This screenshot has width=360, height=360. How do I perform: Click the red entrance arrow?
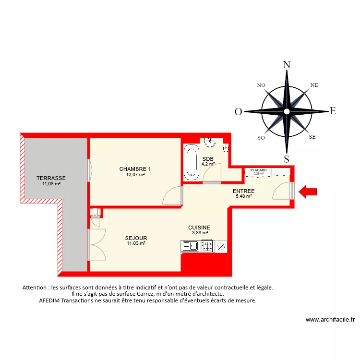308,192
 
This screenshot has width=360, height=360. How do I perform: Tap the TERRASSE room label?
51,178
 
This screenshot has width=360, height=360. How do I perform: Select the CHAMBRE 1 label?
135,169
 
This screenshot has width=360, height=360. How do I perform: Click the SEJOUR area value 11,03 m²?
136,243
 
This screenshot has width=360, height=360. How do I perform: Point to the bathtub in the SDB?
191,161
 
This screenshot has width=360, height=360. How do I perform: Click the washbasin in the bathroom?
210,142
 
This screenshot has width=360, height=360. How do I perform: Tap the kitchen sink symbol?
191,246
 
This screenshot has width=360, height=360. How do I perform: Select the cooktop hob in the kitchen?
207,246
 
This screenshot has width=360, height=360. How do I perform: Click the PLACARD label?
258,170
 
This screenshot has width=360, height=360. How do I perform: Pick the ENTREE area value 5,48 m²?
244,196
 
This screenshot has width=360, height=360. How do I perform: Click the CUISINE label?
199,228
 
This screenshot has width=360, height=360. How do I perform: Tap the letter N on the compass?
287,65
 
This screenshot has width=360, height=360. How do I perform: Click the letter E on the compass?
332,111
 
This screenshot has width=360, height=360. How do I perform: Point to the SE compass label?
312,137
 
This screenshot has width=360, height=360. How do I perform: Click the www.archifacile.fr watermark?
330,319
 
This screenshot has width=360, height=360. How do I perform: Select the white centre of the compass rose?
287,111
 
